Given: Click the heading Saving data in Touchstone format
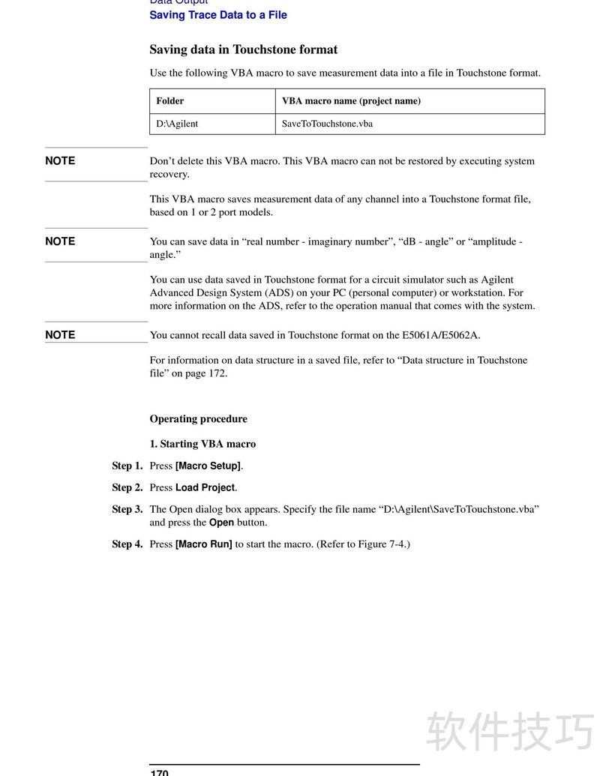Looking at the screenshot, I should [243, 50].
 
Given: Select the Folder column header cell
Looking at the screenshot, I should [170, 101].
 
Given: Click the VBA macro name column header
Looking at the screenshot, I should [351, 101].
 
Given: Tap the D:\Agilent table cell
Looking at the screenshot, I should [177, 124].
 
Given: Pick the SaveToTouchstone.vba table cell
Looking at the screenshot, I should [327, 124].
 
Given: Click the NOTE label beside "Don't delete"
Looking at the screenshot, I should [60, 161].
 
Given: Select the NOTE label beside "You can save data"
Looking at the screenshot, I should [60, 241].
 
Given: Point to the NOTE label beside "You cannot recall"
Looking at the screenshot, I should [60, 335].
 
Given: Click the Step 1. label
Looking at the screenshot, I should [127, 466].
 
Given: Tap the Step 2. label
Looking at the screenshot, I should [127, 487].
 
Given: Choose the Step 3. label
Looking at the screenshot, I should [127, 509].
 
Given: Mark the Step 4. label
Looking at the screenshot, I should [127, 544].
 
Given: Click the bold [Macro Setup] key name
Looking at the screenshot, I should [208, 466].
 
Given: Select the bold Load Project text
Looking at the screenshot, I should [205, 487].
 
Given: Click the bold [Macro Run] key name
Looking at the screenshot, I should [203, 544].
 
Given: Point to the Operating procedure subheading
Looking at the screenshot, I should [198, 419].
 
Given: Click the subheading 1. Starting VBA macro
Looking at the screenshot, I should [202, 444].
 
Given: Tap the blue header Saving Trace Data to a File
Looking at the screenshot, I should [217, 15].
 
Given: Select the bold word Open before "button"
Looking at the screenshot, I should [221, 523].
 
